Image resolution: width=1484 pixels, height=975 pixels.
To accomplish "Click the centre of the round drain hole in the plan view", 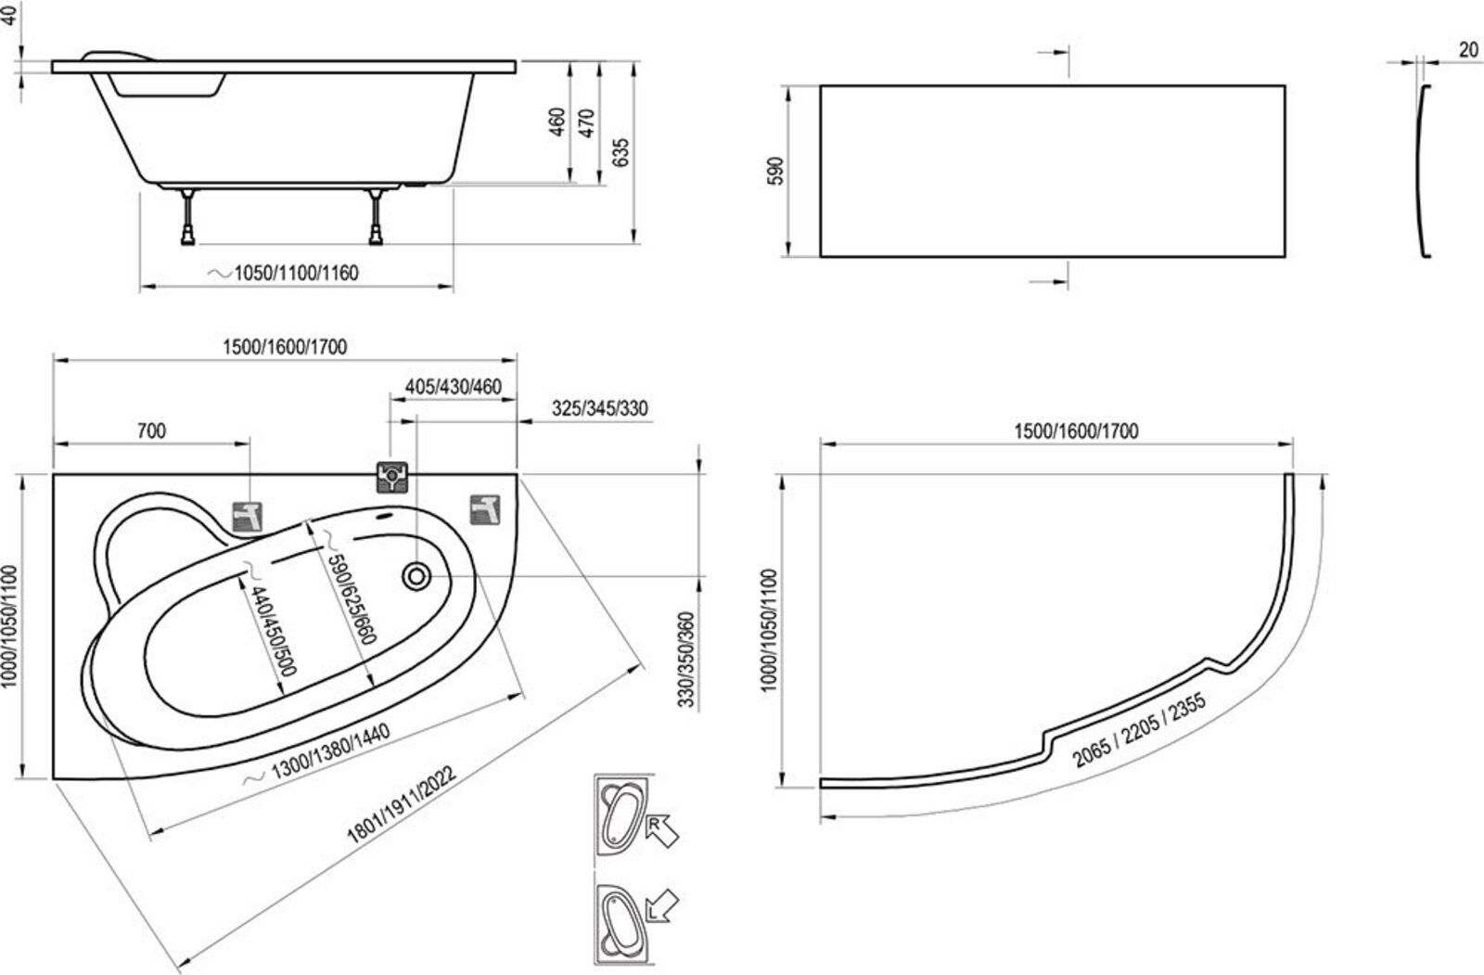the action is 416,576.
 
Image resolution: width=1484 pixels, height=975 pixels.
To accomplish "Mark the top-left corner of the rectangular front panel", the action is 821,86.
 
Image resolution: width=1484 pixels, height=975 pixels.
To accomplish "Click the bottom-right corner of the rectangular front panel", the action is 1286,257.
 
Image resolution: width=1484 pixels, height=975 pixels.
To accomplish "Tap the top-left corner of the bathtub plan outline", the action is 54,475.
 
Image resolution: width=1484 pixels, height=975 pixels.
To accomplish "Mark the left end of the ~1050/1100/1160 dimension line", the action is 141,287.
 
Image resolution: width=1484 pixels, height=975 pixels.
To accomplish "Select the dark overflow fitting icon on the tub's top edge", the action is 392,477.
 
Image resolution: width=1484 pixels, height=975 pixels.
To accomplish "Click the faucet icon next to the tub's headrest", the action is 247,517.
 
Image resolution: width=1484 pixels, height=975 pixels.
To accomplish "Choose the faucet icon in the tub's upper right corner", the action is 485,509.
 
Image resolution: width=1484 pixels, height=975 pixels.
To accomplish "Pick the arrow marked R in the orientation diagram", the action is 662,830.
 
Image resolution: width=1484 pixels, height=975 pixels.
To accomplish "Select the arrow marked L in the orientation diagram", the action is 662,906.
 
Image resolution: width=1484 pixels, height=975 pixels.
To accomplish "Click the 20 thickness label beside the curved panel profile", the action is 1467,50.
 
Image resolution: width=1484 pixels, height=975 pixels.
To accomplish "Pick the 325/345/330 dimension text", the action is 599,409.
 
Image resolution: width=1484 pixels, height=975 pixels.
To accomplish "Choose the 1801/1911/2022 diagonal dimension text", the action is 402,804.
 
